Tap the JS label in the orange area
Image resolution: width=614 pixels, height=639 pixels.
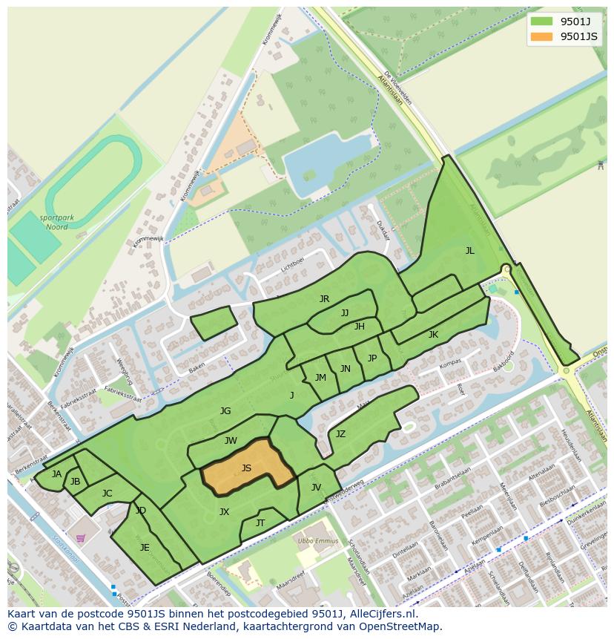(x=246, y=468)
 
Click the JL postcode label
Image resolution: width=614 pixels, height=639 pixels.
(x=469, y=251)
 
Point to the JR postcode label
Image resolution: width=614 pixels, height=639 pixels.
(x=324, y=299)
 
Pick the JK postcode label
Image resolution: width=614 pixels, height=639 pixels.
(x=433, y=335)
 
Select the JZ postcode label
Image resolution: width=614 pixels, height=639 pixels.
(x=340, y=434)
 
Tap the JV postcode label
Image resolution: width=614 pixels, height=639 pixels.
(x=316, y=488)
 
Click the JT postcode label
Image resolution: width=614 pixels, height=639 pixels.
(x=260, y=523)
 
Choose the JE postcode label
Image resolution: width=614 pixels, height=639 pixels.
(x=145, y=548)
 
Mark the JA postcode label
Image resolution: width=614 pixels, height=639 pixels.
(x=56, y=474)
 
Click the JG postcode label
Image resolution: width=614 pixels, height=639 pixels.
(x=225, y=411)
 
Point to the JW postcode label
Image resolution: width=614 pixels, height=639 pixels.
(x=231, y=441)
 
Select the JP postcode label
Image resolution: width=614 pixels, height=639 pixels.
(x=372, y=358)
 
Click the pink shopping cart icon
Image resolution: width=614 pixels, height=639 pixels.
(x=81, y=538)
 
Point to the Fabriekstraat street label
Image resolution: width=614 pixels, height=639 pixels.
(x=122, y=393)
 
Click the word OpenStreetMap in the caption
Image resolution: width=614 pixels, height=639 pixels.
(x=400, y=626)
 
